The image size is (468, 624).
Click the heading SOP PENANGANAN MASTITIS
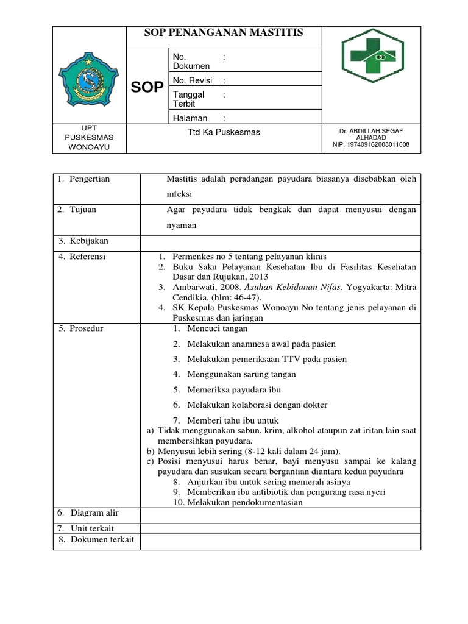[224, 34]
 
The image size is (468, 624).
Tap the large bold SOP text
[147, 87]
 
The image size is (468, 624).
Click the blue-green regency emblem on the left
[90, 80]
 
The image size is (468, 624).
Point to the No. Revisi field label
[190, 80]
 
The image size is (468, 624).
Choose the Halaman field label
[190, 118]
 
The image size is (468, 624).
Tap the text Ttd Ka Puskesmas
[224, 133]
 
